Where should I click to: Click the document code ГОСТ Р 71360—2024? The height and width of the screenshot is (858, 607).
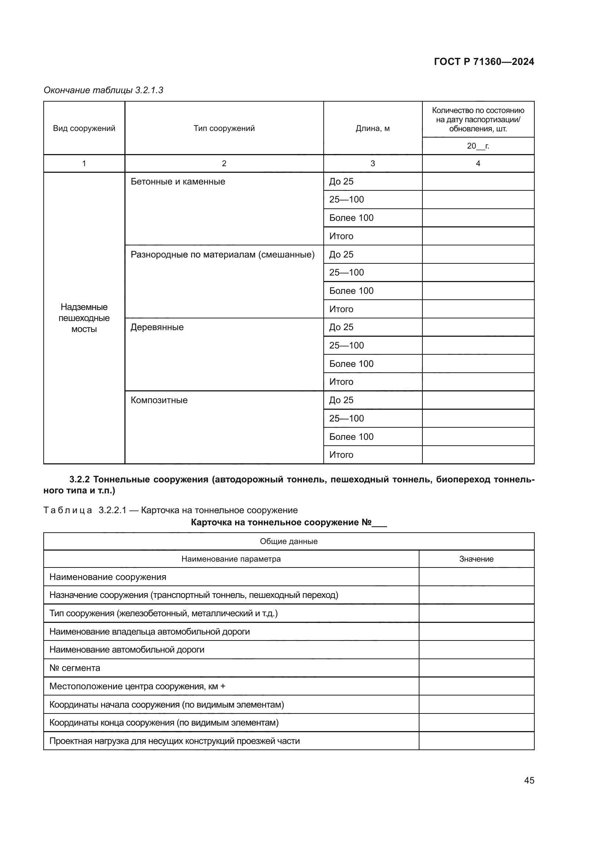pyautogui.click(x=484, y=62)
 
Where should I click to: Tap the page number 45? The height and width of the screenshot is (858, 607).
pyautogui.click(x=529, y=780)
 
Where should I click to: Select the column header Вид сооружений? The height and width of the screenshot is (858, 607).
pyautogui.click(x=84, y=128)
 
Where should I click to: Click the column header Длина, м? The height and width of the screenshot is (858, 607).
pyautogui.click(x=372, y=128)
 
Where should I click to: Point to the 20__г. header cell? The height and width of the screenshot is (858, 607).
pyautogui.click(x=478, y=146)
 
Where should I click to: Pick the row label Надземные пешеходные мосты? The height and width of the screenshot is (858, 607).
pyautogui.click(x=84, y=318)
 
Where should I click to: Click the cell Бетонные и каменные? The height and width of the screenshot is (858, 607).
pyautogui.click(x=178, y=182)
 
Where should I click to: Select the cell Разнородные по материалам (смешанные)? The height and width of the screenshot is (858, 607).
pyautogui.click(x=222, y=255)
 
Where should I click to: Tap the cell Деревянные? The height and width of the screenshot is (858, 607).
pyautogui.click(x=157, y=327)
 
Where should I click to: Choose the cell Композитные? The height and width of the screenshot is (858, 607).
pyautogui.click(x=159, y=400)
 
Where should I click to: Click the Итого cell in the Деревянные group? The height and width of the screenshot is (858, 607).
pyautogui.click(x=341, y=382)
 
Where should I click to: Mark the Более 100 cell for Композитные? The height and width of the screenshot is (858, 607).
pyautogui.click(x=351, y=437)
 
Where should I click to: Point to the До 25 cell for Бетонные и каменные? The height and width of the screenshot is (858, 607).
pyautogui.click(x=341, y=182)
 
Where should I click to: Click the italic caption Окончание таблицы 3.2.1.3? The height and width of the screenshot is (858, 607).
pyautogui.click(x=103, y=90)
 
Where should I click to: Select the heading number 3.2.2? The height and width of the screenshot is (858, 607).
pyautogui.click(x=80, y=479)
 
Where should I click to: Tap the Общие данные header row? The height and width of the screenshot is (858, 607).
pyautogui.click(x=288, y=541)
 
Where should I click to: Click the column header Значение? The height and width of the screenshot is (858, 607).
pyautogui.click(x=476, y=559)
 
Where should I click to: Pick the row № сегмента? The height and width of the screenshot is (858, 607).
pyautogui.click(x=75, y=668)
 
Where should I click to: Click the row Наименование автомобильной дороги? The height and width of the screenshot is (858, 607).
pyautogui.click(x=127, y=650)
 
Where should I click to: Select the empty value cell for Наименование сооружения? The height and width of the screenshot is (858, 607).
pyautogui.click(x=476, y=577)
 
